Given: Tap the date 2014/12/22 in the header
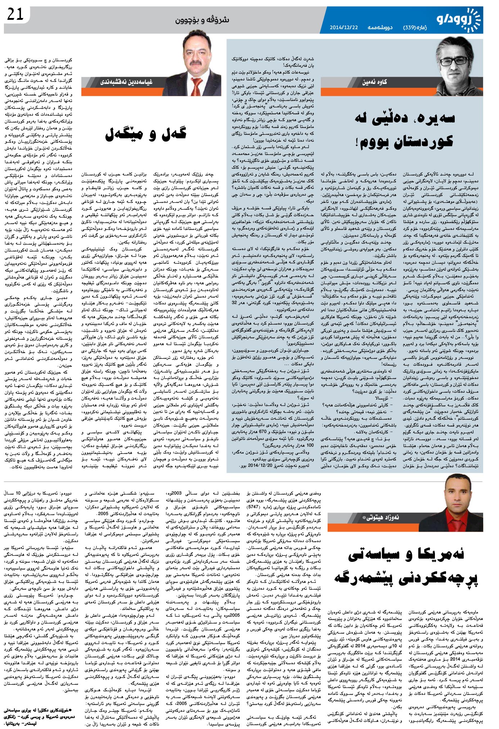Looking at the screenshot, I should [x=344, y=28].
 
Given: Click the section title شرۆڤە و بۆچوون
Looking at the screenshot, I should [x=202, y=20].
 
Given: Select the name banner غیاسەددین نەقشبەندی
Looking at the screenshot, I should [x=126, y=82].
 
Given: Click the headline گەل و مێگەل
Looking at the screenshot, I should [x=145, y=134].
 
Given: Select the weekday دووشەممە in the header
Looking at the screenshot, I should [x=380, y=28].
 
